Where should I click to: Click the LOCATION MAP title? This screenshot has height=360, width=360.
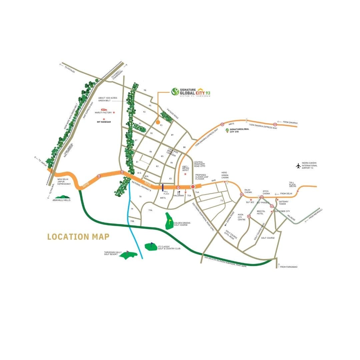click(x=78, y=237)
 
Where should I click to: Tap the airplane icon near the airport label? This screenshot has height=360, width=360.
click(x=298, y=165)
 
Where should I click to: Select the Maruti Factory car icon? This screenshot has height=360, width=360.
click(x=104, y=109)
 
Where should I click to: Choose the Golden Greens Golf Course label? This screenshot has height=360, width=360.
click(x=181, y=224)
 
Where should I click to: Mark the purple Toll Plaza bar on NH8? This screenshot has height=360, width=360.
click(x=162, y=187)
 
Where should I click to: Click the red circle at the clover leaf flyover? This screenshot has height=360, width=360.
click(x=193, y=187)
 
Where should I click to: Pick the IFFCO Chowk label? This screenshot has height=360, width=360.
click(x=266, y=192)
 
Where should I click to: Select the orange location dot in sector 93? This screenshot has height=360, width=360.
click(x=157, y=122)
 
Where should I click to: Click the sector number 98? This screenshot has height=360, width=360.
click(x=145, y=90)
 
